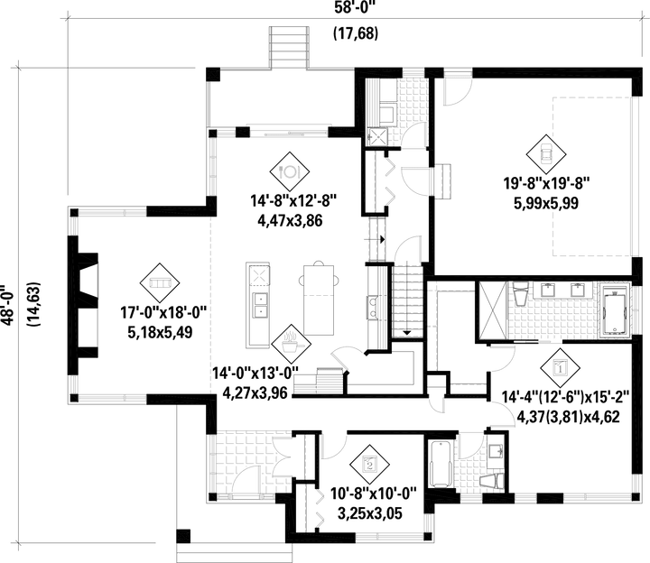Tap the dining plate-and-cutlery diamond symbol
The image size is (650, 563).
[290, 169]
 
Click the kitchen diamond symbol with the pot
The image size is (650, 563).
[289, 342]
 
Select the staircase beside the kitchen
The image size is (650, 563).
[408, 297]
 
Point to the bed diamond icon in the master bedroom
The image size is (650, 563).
[559, 367]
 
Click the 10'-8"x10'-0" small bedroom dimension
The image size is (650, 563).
[368, 494]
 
